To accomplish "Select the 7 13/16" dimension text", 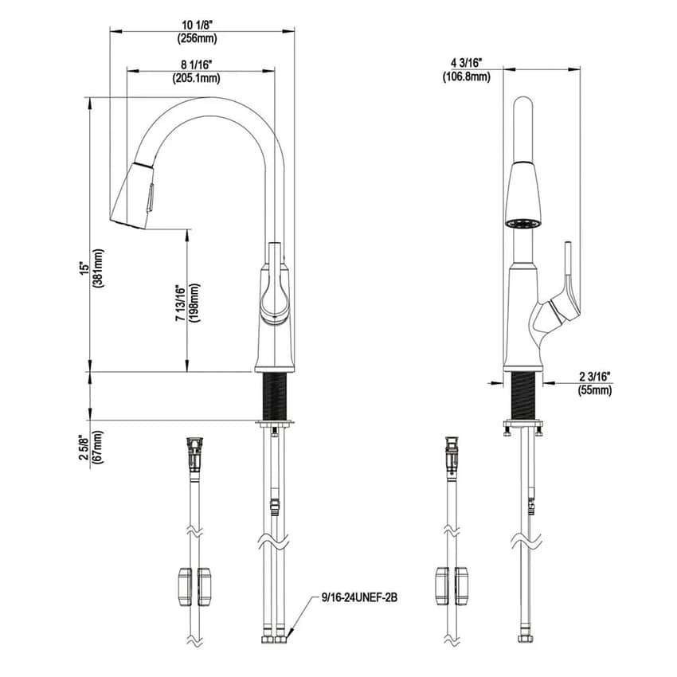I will click(x=180, y=304).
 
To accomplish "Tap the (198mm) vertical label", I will click(x=194, y=304).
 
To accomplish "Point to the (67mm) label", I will click(x=98, y=448).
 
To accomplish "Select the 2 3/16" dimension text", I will click(x=595, y=376).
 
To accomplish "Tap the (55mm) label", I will click(x=595, y=390).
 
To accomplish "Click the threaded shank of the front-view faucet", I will click(x=523, y=393).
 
